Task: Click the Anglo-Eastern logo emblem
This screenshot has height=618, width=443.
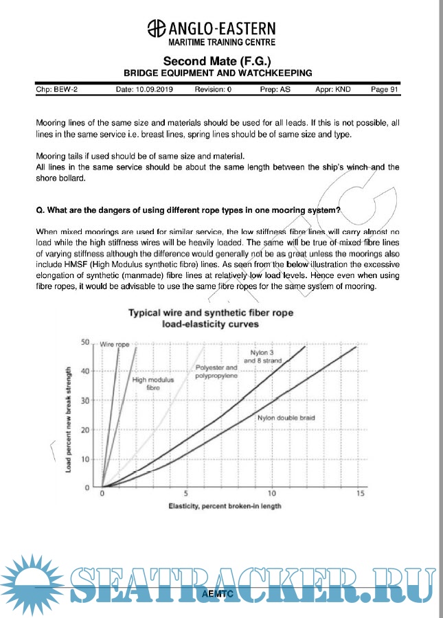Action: point(157,29)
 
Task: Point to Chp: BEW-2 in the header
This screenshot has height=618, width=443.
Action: point(56,89)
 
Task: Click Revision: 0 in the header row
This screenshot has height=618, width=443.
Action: point(213,89)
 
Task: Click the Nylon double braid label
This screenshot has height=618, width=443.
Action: point(286,417)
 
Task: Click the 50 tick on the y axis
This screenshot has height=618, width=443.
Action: point(86,342)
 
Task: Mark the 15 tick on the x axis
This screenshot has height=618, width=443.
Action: point(359,494)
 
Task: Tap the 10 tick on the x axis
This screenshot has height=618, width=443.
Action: point(272,494)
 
